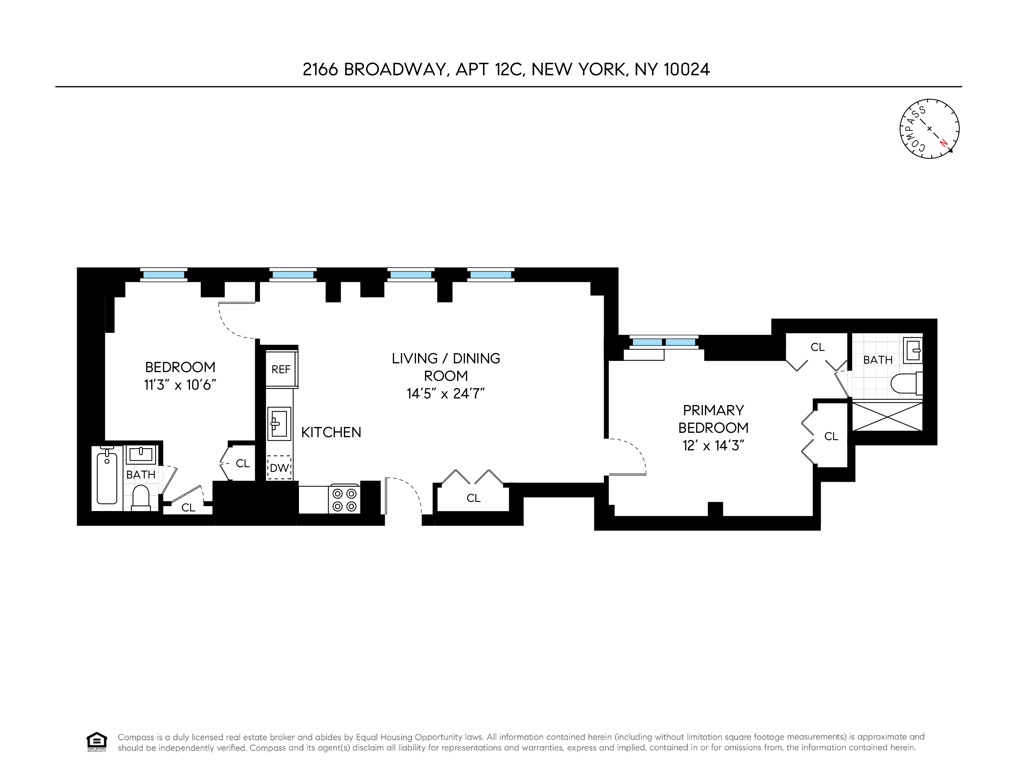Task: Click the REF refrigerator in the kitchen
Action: (281, 369)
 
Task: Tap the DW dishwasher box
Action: (279, 468)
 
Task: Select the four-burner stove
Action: (344, 500)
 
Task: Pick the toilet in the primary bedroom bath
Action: (907, 383)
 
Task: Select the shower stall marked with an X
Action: (887, 417)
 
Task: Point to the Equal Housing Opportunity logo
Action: (96, 742)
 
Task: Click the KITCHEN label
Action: (331, 432)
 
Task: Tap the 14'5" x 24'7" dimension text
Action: (446, 394)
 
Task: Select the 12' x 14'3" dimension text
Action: (713, 446)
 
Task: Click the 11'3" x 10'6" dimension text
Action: (180, 385)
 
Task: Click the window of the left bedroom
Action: (164, 275)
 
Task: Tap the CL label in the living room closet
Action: (473, 498)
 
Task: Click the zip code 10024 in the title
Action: (686, 69)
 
